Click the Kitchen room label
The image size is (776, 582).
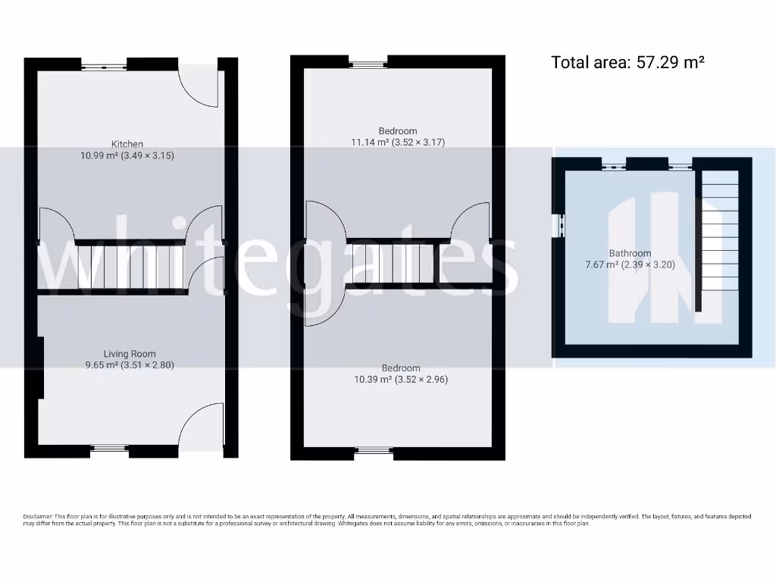click(127, 144)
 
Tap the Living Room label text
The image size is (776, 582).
click(130, 354)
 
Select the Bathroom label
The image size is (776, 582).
click(630, 253)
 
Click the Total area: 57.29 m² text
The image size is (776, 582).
click(627, 62)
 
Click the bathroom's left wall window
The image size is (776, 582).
click(561, 225)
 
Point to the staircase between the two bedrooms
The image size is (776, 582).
click(392, 263)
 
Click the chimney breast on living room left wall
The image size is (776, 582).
click(40, 368)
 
